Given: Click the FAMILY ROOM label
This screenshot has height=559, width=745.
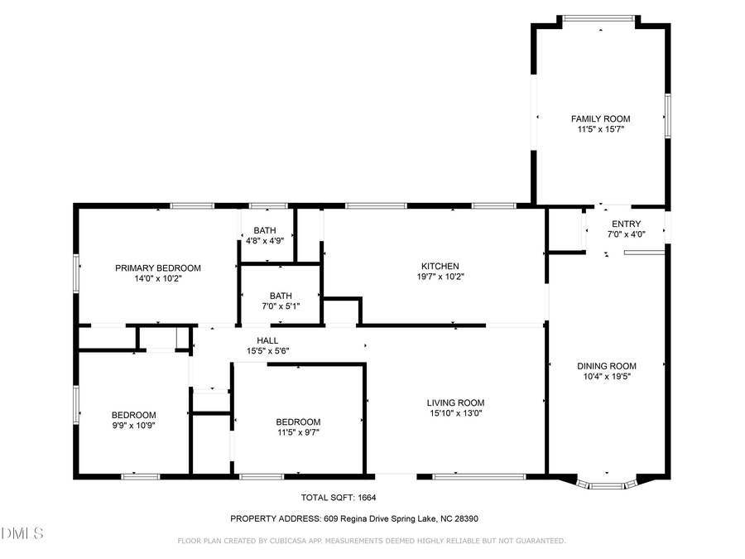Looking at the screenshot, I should [x=600, y=118].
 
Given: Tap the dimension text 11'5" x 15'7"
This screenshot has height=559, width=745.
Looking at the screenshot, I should [x=600, y=129].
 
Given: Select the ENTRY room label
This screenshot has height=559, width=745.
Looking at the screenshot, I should [x=626, y=224].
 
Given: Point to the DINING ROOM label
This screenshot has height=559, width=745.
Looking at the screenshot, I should [x=606, y=366].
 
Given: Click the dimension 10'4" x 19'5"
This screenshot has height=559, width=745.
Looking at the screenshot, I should [x=606, y=377].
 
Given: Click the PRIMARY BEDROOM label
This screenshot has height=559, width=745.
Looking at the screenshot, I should [x=157, y=267].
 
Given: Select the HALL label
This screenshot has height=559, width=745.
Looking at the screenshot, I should [x=267, y=340].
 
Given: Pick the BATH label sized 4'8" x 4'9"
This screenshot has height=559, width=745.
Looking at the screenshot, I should [x=265, y=230].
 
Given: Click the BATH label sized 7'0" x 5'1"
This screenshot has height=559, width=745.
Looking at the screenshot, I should [x=281, y=295].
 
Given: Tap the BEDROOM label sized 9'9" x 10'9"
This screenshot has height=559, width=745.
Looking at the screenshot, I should [x=133, y=414].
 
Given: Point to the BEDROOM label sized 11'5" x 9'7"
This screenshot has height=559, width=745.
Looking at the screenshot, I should [x=298, y=421].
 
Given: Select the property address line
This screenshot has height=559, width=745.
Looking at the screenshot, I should [x=353, y=518].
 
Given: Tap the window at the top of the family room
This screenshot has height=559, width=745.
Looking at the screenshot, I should [x=600, y=17].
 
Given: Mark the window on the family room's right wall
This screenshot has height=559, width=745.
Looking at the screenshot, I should [x=667, y=113].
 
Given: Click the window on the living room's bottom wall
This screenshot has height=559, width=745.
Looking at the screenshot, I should [x=478, y=476].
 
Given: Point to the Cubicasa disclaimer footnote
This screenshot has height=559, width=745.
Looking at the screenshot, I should [x=372, y=541].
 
